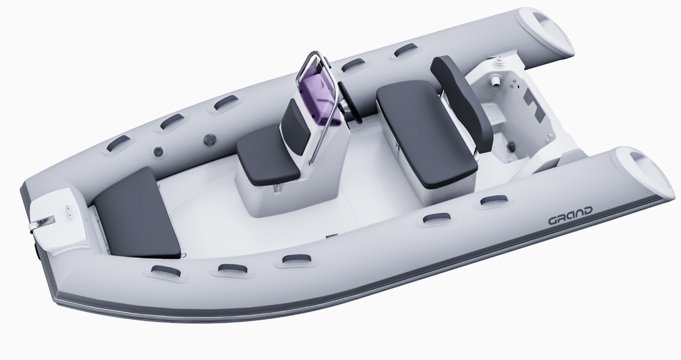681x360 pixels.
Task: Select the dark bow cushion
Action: pos(137,212)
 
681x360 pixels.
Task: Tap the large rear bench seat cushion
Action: pos(426,133)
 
